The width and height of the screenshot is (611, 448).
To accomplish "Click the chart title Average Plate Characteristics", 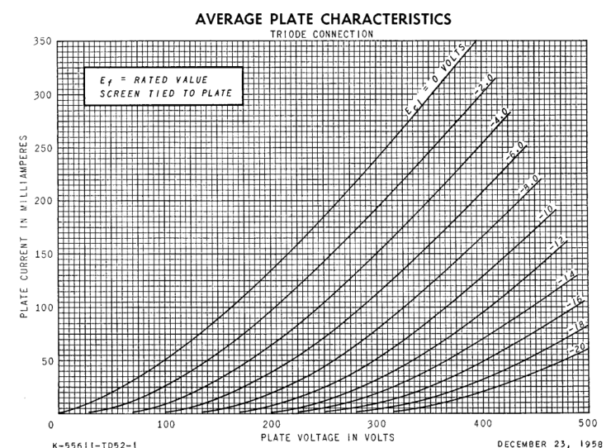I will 323,18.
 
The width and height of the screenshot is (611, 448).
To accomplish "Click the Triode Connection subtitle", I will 323,34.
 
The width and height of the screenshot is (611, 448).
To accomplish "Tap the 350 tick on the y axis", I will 40,41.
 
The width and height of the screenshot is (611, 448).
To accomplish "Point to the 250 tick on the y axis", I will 40,148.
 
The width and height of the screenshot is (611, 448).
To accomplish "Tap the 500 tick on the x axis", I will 588,425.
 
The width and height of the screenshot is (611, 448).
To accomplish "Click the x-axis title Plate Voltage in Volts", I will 327,436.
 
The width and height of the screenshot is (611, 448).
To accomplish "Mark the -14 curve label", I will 569,275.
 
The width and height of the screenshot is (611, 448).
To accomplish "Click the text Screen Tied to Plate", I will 164,97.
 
